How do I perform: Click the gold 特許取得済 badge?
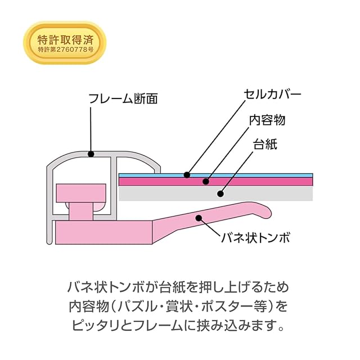65,43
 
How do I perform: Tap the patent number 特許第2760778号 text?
66,49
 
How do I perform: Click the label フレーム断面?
123,99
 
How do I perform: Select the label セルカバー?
272,94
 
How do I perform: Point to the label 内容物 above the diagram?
267,120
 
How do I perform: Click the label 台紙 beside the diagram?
265,144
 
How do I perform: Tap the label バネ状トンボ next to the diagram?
256,237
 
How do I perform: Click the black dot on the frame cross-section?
91,154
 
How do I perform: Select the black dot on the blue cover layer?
187,175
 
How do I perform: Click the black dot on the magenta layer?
206,181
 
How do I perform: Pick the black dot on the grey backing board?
220,193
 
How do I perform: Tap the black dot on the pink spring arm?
199,218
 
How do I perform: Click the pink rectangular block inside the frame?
81,193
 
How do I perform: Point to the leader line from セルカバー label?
216,137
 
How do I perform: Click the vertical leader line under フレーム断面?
91,129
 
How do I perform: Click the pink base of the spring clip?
103,232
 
